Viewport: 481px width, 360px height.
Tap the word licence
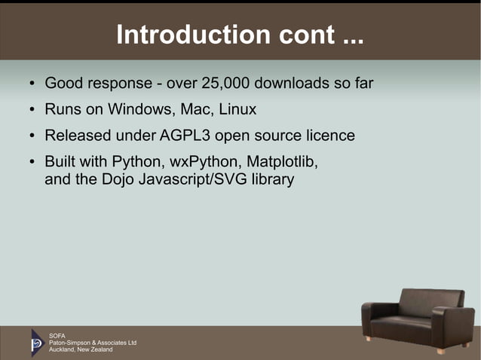click(x=329, y=136)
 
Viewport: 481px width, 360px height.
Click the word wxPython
click(x=201, y=162)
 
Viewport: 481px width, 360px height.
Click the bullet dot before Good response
click(x=32, y=84)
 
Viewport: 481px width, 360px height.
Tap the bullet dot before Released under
click(x=32, y=136)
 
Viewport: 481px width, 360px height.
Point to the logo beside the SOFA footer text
click(x=37, y=342)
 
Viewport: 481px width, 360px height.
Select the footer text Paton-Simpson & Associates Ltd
click(x=92, y=342)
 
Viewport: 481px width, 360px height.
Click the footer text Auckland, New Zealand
click(x=81, y=349)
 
